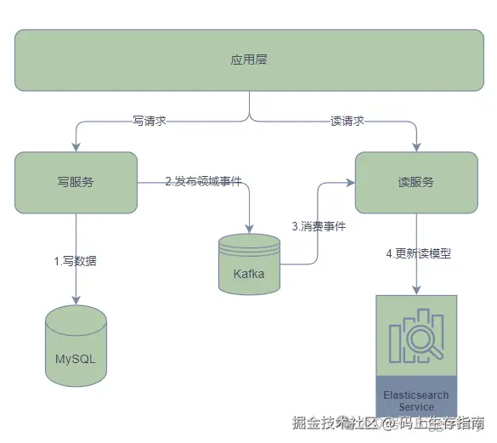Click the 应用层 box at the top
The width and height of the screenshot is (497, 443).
249,60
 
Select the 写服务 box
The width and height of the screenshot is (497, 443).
76,182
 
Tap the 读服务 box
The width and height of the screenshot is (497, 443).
416,182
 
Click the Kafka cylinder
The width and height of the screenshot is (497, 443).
249,264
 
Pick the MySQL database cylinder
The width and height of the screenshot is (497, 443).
76,349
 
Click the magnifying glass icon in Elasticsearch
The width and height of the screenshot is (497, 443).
416,340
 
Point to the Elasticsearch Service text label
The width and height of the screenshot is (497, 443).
416,401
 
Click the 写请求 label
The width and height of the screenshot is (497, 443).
149,121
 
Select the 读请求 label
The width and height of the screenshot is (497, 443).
347,121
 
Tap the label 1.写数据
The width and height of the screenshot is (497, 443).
76,261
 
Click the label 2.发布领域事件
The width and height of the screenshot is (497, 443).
203,181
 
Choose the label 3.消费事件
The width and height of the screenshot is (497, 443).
319,226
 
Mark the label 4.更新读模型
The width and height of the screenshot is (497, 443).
418,253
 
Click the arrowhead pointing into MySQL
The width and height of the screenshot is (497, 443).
76,299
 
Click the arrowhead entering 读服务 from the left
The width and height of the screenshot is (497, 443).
349,182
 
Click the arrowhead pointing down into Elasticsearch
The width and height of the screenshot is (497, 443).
416,290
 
